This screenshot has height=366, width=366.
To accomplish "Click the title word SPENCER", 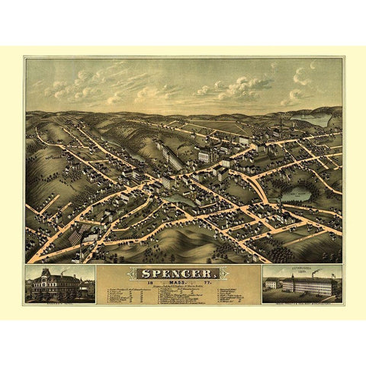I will point(182,272).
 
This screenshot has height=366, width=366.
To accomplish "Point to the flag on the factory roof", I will point(313,276).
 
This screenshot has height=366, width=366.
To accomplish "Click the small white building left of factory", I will point(271,284).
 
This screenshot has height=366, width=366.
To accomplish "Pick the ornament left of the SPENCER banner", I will point(130,272).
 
